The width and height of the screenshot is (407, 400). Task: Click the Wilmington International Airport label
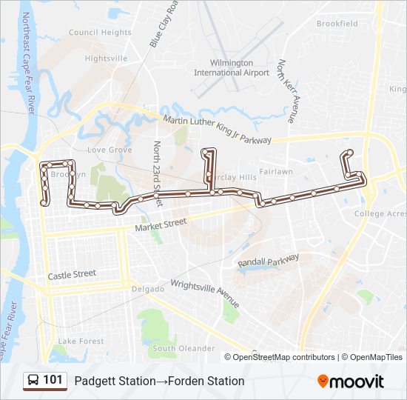click(x=232, y=68)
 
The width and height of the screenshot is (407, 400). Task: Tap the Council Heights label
click(x=100, y=33)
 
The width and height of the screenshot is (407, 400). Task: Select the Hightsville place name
click(x=106, y=58)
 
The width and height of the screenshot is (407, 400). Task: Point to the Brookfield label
click(x=337, y=24)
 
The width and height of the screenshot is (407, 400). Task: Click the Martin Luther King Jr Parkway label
click(x=217, y=130)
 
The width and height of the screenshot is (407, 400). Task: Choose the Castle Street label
click(x=72, y=274)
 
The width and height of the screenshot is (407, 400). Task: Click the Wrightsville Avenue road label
click(x=205, y=293)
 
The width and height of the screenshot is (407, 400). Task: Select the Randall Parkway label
click(x=268, y=260)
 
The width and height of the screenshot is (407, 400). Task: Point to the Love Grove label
click(x=110, y=150)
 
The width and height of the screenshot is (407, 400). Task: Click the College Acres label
click(x=380, y=214)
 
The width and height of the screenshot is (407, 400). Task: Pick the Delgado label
click(x=148, y=289)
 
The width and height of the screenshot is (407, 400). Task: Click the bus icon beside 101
click(x=33, y=381)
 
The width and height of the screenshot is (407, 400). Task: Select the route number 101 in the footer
click(x=53, y=381)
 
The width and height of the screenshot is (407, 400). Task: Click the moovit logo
click(x=350, y=381)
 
